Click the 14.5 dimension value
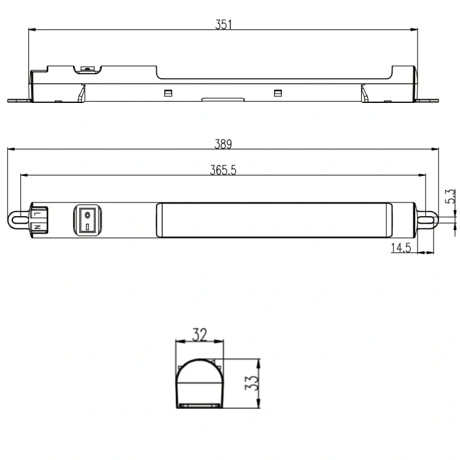(401, 248)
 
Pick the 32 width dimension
(199, 334)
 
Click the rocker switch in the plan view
(87, 220)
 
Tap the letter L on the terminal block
(37, 213)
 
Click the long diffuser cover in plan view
(274, 220)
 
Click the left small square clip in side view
(168, 93)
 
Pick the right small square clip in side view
(278, 93)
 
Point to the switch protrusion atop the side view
(88, 69)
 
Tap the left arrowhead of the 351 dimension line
(32, 29)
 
